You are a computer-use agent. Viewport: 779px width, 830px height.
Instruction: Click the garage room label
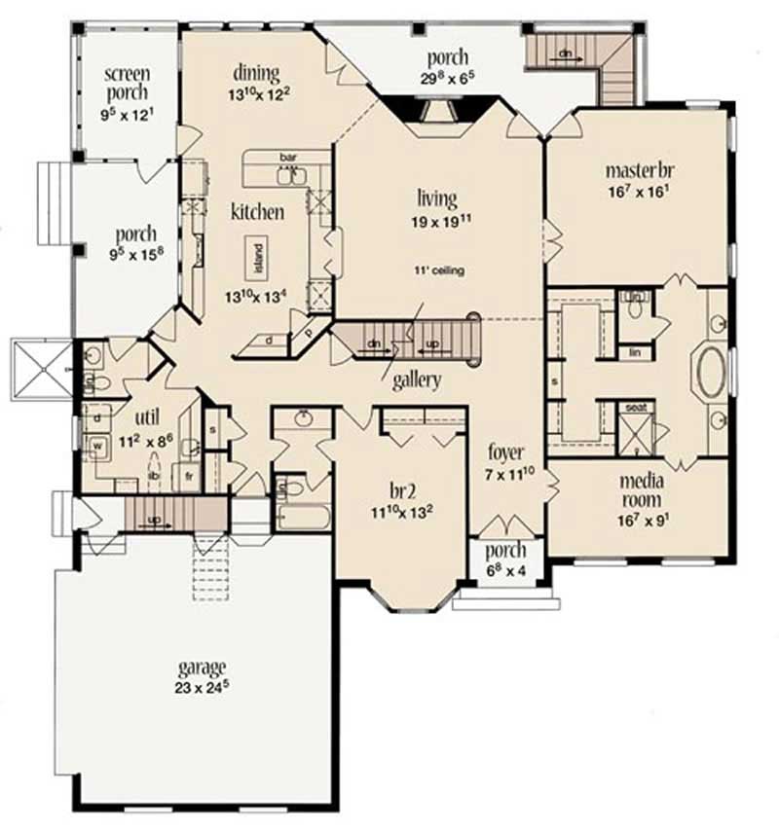pos(202,668)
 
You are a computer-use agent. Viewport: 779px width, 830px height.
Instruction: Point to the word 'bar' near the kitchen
pos(287,157)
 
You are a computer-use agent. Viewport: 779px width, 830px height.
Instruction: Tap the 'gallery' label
pos(418,379)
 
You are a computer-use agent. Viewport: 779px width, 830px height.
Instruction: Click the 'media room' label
pos(641,490)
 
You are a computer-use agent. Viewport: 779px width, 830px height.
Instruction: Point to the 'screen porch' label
pos(127,83)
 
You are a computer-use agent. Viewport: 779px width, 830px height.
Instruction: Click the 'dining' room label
pos(256,73)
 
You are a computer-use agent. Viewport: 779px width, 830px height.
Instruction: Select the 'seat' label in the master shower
pos(637,408)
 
